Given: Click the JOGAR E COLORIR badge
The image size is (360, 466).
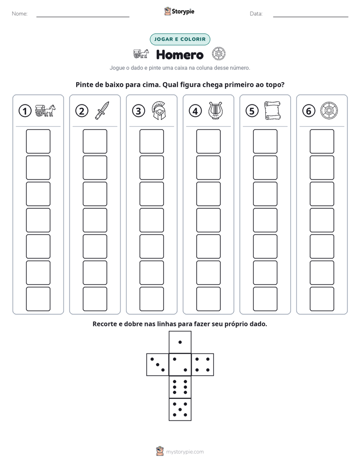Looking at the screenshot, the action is [179, 39].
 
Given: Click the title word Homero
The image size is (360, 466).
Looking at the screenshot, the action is [179, 54].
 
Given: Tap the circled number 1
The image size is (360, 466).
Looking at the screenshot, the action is [25, 111].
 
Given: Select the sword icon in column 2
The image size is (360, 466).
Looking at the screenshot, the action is [102, 110].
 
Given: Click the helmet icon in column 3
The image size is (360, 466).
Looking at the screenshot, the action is [159, 110].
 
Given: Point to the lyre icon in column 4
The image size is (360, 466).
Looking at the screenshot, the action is [215, 111].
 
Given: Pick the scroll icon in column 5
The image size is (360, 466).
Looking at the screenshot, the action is [272, 110].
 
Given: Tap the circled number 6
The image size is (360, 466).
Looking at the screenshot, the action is [309, 111].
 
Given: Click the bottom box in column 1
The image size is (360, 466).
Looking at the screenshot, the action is [38, 299].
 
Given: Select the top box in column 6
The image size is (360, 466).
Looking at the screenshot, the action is [322, 141].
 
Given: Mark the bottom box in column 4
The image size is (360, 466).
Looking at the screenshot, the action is [209, 299].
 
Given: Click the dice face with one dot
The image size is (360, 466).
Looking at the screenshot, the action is [180, 342].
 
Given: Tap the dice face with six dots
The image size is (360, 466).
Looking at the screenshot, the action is [180, 387].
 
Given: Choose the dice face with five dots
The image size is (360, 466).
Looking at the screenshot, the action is [180, 410].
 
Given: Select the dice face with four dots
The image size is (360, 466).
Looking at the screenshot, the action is [203, 365].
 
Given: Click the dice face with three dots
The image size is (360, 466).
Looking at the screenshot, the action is [158, 365].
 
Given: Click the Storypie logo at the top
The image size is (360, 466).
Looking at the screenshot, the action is [179, 12].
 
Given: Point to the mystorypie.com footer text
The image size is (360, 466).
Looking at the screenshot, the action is [185, 452].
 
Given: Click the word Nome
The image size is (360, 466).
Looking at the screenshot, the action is [20, 14].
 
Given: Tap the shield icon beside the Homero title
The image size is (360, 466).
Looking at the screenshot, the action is [219, 54].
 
